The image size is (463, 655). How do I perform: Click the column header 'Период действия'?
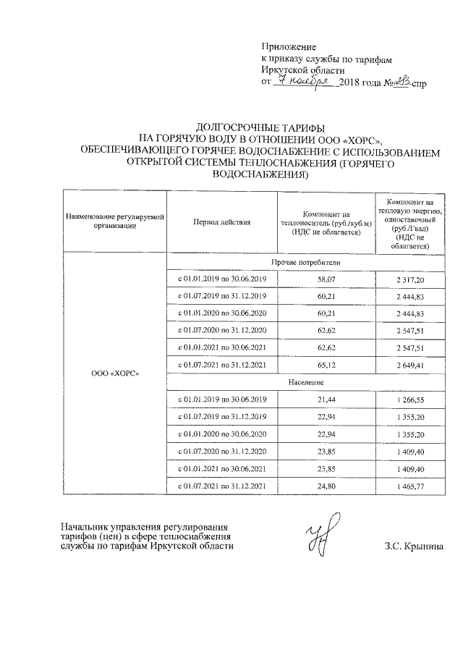coord(221,221)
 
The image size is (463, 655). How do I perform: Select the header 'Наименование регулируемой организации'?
coord(116,221)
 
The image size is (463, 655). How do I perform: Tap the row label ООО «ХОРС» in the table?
coord(116,373)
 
